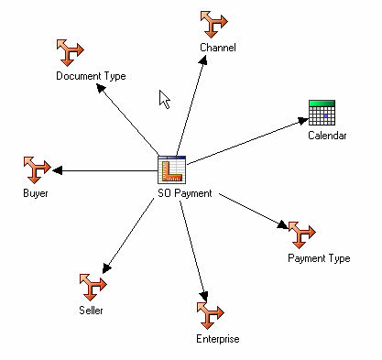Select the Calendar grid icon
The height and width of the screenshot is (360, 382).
322,113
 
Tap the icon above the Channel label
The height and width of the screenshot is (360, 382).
216,24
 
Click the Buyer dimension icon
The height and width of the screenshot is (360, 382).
36,170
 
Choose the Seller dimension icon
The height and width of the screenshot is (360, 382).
91,287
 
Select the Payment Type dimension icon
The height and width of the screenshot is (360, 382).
301,235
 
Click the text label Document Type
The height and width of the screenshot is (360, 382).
91,76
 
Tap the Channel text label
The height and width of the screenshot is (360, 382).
218,47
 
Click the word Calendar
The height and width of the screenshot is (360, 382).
327,136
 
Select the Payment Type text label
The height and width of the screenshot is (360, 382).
319,258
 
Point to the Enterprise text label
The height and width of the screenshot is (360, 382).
217,340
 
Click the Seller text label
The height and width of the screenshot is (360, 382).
90,311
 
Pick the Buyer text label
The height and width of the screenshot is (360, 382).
37,194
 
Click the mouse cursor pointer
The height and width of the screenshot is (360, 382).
165,98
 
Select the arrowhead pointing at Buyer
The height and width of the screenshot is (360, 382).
58,170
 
